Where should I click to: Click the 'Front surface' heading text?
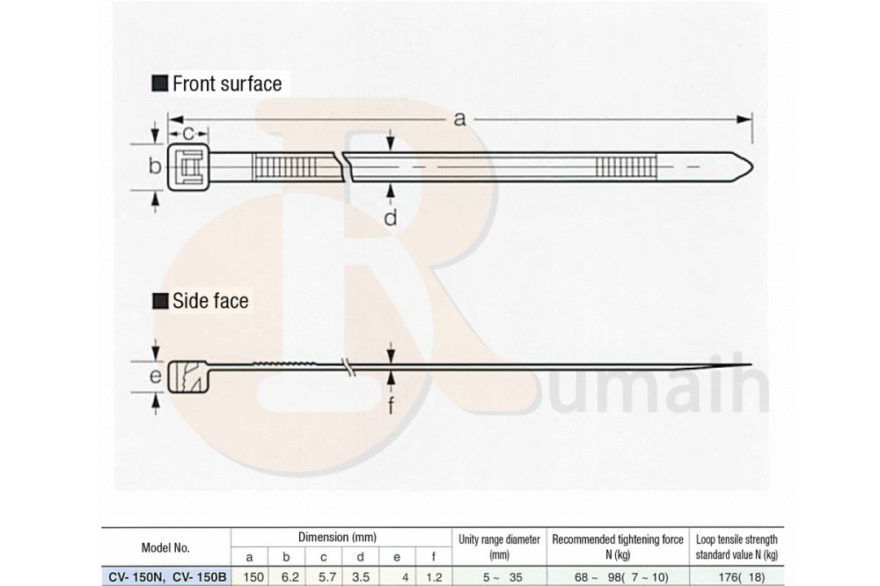[227, 84]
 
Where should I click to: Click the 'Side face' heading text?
[210, 301]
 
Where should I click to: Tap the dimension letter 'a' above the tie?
[459, 119]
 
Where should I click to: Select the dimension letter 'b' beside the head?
[155, 166]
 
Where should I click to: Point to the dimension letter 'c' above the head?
[188, 134]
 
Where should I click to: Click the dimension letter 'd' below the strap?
[391, 217]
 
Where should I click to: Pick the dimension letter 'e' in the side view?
[156, 376]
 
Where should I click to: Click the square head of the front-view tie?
[188, 166]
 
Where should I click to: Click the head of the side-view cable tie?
[188, 377]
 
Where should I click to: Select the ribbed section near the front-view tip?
[626, 166]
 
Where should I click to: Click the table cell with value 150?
[249, 576]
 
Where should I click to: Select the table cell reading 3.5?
[360, 576]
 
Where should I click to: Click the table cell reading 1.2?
[434, 576]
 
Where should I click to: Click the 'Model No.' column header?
[165, 548]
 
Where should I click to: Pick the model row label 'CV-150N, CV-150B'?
[166, 577]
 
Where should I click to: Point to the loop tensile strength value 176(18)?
[741, 577]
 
